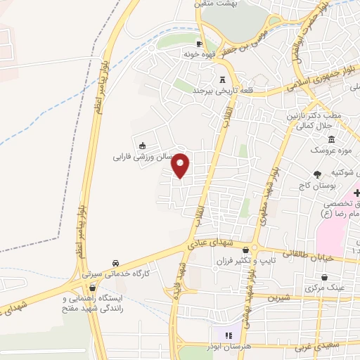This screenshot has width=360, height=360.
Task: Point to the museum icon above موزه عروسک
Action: [x=332, y=139]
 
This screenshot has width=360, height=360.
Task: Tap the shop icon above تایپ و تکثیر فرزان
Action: [x=245, y=250]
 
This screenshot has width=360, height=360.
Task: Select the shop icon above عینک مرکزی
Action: [x=324, y=276]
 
